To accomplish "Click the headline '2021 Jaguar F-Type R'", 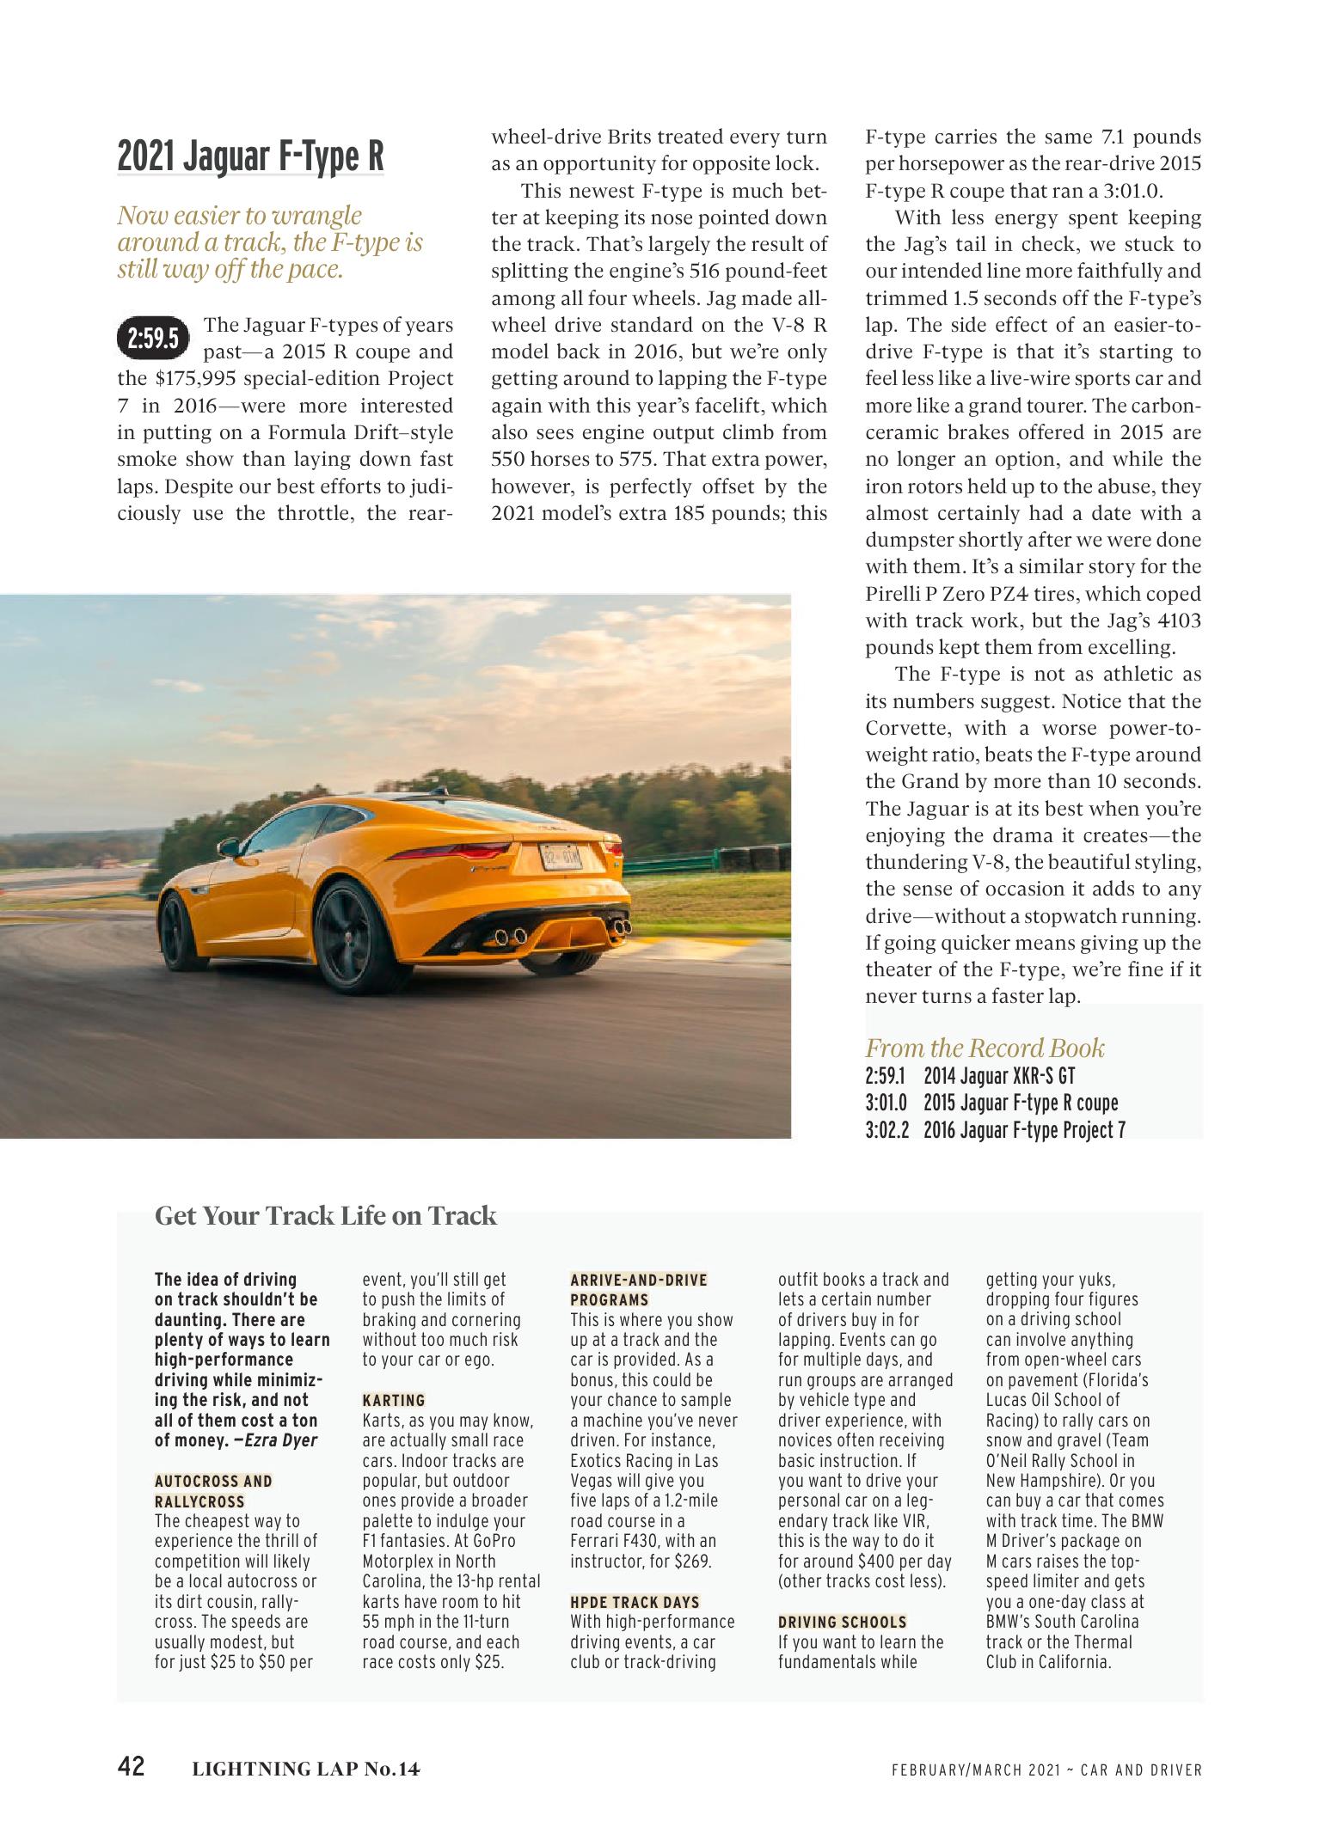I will click(x=250, y=156).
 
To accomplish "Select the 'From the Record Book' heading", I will click(x=985, y=1048).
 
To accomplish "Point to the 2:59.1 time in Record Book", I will click(x=886, y=1076).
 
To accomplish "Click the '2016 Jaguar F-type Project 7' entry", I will click(x=1024, y=1130).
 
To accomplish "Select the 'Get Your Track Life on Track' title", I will click(x=326, y=1215).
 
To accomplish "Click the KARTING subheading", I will click(x=394, y=1400).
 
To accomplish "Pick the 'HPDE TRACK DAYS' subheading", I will click(x=635, y=1602).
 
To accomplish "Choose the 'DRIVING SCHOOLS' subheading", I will click(x=842, y=1622).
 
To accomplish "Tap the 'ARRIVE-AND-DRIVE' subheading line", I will click(x=639, y=1280).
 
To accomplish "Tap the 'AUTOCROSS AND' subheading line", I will click(x=213, y=1481).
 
